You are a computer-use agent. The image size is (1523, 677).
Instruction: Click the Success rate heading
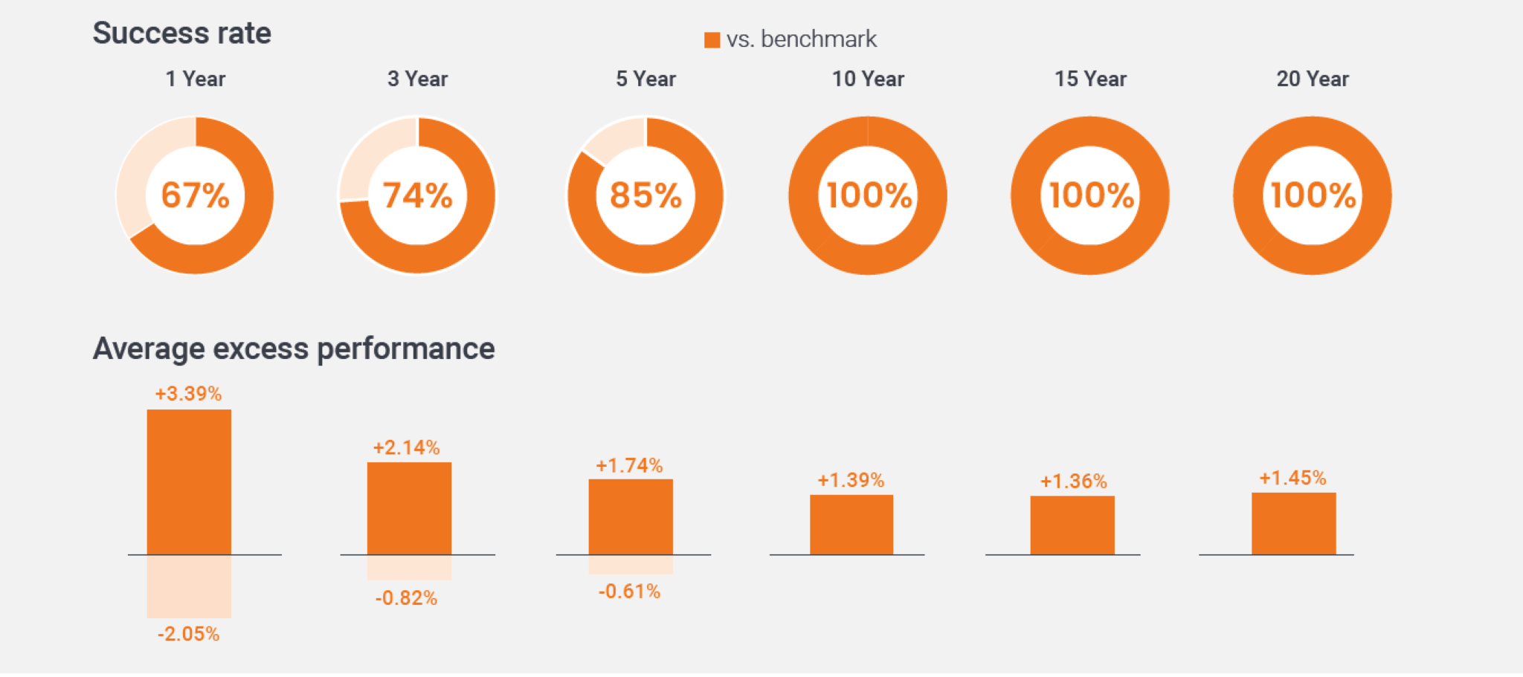point(181,33)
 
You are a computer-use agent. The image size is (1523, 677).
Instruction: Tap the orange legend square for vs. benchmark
point(712,40)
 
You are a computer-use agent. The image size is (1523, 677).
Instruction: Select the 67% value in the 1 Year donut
point(195,195)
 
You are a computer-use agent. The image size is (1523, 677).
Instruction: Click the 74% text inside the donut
point(417,195)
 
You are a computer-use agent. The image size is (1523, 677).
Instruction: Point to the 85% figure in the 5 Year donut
point(645,195)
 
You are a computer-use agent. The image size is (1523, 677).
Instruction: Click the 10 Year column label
point(868,79)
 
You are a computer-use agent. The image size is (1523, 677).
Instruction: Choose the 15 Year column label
point(1090,79)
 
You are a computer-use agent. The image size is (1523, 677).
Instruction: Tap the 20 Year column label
point(1313,79)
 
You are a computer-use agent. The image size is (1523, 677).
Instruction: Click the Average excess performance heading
point(294,349)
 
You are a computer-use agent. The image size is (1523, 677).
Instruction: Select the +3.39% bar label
point(188,393)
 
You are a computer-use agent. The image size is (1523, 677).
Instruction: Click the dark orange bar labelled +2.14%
point(409,508)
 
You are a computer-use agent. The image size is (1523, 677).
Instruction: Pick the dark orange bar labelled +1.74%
point(631,516)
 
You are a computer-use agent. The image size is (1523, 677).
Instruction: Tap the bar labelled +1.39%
point(851,525)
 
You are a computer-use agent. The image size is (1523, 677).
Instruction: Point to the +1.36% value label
point(1073,481)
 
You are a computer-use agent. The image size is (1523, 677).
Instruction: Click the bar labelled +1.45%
point(1294,523)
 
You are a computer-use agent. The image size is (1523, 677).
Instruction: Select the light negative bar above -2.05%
point(189,586)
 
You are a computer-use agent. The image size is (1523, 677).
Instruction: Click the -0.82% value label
point(406,598)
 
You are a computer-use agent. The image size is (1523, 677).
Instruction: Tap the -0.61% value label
point(629,592)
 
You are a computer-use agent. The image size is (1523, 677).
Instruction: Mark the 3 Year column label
point(417,79)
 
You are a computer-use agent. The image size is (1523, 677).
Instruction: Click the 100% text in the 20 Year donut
point(1313,195)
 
